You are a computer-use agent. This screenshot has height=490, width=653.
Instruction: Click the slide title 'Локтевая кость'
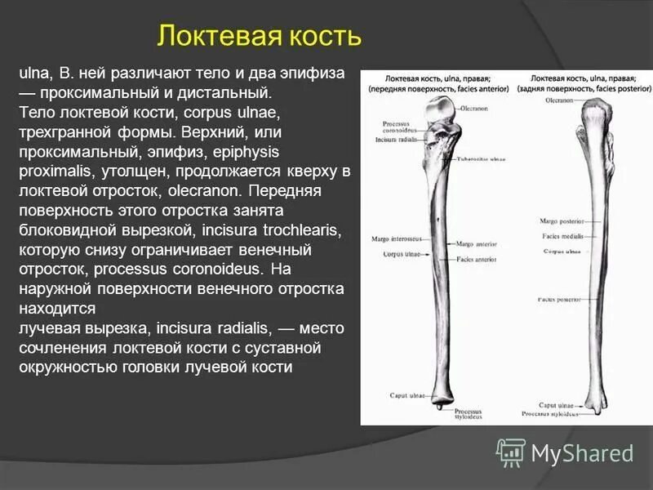tap(260, 37)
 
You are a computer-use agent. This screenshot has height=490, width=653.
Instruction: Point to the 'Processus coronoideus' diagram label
tap(400, 127)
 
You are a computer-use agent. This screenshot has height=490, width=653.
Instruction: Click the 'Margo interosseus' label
tap(396, 238)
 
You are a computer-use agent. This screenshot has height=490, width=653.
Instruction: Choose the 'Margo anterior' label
tap(477, 243)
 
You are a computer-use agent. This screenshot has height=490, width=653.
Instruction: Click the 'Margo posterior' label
tap(560, 221)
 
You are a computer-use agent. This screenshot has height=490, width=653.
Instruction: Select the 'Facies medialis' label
tap(560, 236)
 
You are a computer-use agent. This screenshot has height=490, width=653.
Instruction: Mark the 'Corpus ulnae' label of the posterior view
tap(562, 252)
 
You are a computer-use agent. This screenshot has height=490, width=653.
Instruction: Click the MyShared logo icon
tap(512, 452)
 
